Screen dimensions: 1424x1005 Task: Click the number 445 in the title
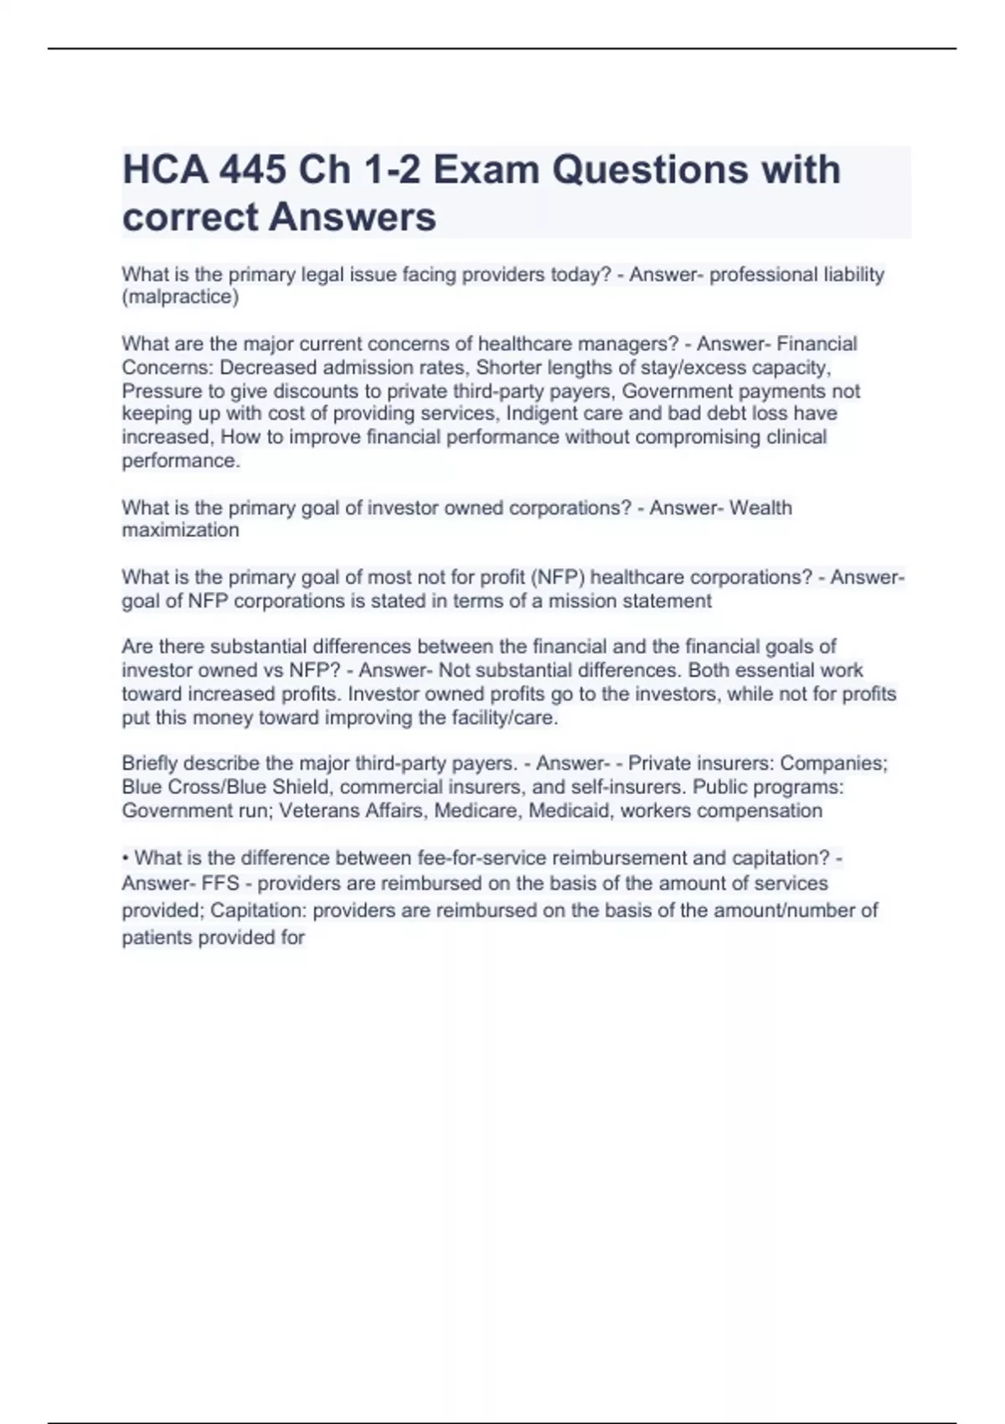pos(252,170)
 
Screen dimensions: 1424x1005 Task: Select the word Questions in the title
pos(650,170)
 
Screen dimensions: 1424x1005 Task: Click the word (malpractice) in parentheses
pos(180,297)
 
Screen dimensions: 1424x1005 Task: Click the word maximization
pos(180,530)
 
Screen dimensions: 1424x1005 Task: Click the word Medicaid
pos(569,811)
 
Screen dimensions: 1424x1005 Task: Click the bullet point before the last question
pos(126,859)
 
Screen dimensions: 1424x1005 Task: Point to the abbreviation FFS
pos(220,884)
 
